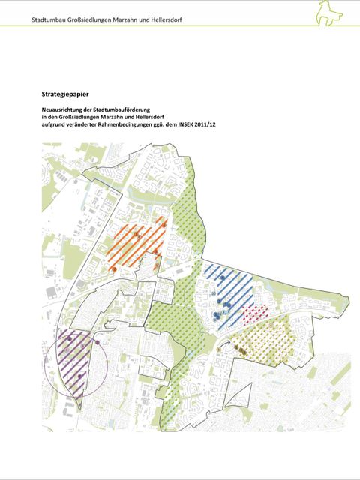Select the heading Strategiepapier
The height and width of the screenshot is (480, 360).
tap(66, 94)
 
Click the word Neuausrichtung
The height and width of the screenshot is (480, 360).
tap(64, 110)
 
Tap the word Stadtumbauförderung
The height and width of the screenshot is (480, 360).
tap(122, 110)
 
